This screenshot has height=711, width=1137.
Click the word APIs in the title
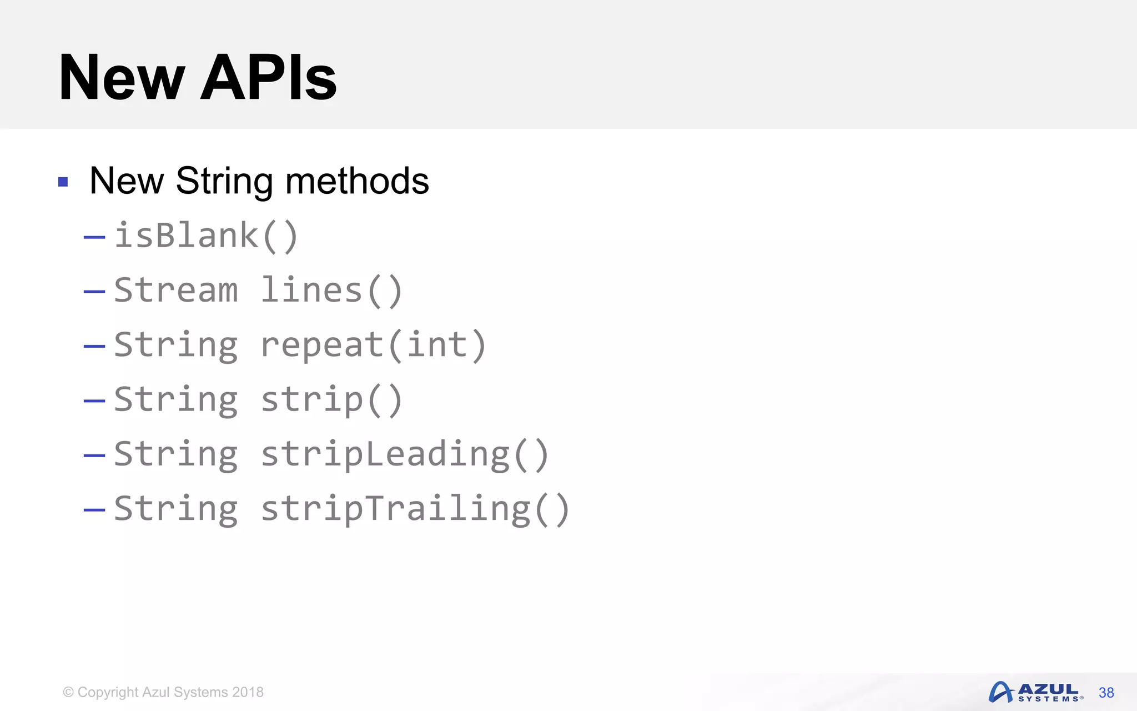tap(269, 78)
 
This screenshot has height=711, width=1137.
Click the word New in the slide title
tap(122, 78)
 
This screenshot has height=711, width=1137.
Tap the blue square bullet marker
tap(63, 182)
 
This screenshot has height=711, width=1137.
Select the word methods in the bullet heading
tap(356, 181)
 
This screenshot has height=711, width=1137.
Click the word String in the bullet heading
tap(224, 182)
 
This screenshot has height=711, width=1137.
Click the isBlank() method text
tap(207, 236)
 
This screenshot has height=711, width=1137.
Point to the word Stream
tap(176, 290)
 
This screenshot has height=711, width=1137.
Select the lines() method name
tap(331, 290)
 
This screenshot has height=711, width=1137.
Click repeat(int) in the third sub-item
tap(374, 344)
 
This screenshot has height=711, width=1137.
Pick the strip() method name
tap(331, 399)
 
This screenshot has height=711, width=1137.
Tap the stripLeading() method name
tap(405, 454)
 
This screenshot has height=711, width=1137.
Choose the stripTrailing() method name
tap(415, 509)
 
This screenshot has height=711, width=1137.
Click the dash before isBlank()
tap(94, 238)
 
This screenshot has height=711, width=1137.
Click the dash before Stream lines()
tap(94, 292)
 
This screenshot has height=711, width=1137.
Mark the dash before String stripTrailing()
tap(94, 510)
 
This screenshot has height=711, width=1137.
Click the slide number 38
tap(1106, 693)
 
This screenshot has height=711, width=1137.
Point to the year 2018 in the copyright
tap(248, 692)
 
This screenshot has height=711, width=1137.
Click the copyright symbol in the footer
tap(68, 692)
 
